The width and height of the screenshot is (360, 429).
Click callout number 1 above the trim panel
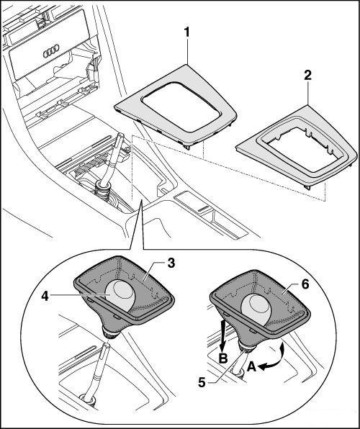point(187,32)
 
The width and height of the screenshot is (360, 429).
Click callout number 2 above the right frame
point(307,76)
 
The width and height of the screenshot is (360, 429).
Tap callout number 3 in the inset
point(171,263)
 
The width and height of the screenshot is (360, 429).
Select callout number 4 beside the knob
point(45,296)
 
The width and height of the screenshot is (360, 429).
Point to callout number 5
point(202,382)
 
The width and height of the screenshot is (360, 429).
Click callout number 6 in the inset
point(305,284)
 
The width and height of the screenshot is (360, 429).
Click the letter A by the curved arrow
point(251,367)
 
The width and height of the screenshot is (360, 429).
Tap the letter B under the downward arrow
point(223,358)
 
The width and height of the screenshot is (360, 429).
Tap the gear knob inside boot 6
point(255,310)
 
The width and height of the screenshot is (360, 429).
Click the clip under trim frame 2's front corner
point(307,187)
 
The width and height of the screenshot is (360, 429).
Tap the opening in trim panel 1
point(181,107)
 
